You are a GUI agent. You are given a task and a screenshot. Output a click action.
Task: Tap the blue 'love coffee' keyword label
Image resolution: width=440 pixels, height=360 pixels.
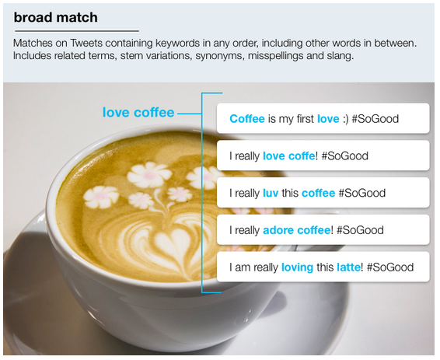[138, 113]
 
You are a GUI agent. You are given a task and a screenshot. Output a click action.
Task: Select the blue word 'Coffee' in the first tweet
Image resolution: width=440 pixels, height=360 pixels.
[247, 119]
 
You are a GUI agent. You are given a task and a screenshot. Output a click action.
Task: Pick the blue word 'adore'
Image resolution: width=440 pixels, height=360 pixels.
[278, 230]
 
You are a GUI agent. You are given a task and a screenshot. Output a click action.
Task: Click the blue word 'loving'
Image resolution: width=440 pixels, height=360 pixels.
[297, 267]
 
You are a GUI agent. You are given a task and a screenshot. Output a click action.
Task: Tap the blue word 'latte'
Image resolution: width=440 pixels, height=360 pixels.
[348, 267]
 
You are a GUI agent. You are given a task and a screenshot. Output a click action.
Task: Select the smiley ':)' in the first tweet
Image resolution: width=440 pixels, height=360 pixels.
[345, 119]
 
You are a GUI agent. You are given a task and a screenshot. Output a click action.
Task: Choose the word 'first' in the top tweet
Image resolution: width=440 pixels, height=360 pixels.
[303, 119]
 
